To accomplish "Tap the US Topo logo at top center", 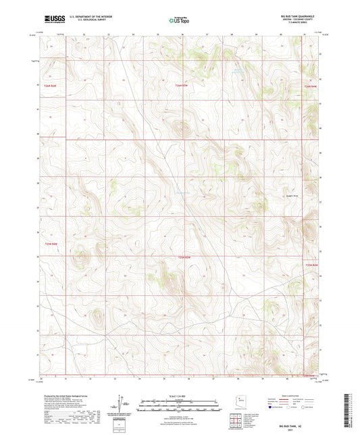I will point(177,20).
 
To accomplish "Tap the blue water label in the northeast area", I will point(234,68).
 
